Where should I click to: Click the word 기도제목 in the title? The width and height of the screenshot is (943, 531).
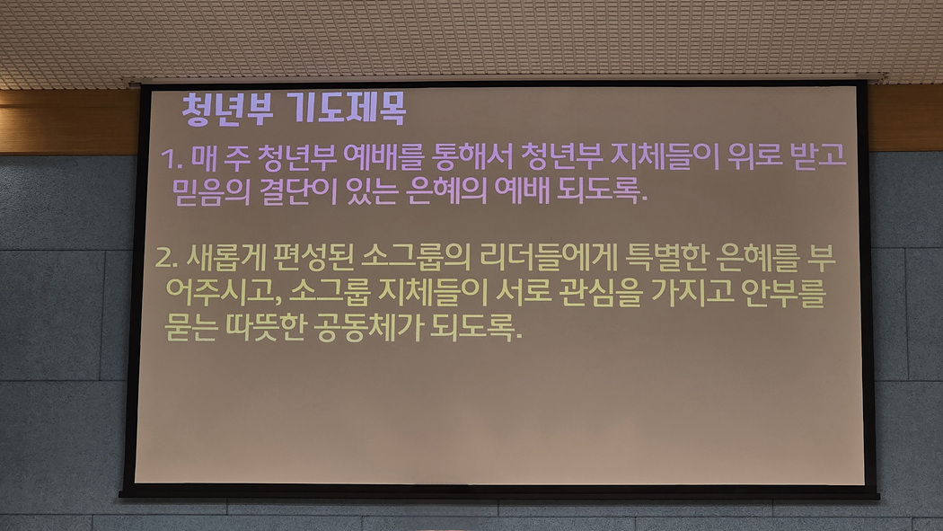(x=347, y=109)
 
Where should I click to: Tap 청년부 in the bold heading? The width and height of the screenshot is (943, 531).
(x=227, y=110)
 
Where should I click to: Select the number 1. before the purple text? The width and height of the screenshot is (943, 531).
(x=172, y=159)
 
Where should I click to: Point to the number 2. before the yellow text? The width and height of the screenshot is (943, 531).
(x=166, y=258)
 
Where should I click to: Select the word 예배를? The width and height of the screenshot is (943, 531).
(x=383, y=156)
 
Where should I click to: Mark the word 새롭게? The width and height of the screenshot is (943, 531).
(x=225, y=257)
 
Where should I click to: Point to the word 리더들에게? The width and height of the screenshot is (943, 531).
(x=549, y=257)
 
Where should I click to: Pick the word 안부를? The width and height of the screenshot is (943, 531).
(x=784, y=292)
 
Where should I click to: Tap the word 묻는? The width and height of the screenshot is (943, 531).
(x=190, y=327)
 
